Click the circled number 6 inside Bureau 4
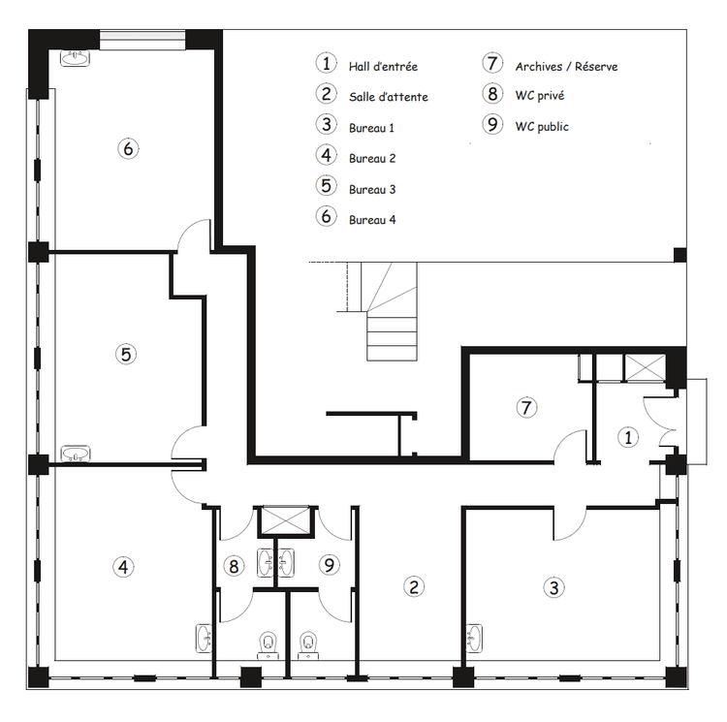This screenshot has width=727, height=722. (128, 148)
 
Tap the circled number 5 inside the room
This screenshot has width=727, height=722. (126, 355)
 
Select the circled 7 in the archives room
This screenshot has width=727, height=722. (526, 408)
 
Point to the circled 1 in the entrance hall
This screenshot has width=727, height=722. (628, 437)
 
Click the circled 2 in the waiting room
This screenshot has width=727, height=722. (414, 586)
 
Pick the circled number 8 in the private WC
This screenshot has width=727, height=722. (234, 566)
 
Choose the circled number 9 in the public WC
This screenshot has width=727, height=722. (330, 565)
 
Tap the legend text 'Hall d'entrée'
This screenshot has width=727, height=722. (383, 67)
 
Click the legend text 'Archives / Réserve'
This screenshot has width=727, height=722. (566, 67)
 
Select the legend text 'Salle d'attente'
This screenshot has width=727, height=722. (388, 97)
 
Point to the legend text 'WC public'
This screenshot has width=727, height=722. (542, 127)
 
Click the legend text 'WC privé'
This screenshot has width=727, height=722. (540, 96)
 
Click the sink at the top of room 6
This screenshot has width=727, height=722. (75, 58)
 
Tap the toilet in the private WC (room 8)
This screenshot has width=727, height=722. (268, 645)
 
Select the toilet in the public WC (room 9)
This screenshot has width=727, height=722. (308, 645)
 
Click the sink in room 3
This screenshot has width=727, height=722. (474, 638)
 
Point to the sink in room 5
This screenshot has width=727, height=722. (75, 454)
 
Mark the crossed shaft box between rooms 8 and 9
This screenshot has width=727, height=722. (286, 520)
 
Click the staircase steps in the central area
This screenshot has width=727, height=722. (393, 311)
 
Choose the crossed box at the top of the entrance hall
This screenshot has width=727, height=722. (645, 368)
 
